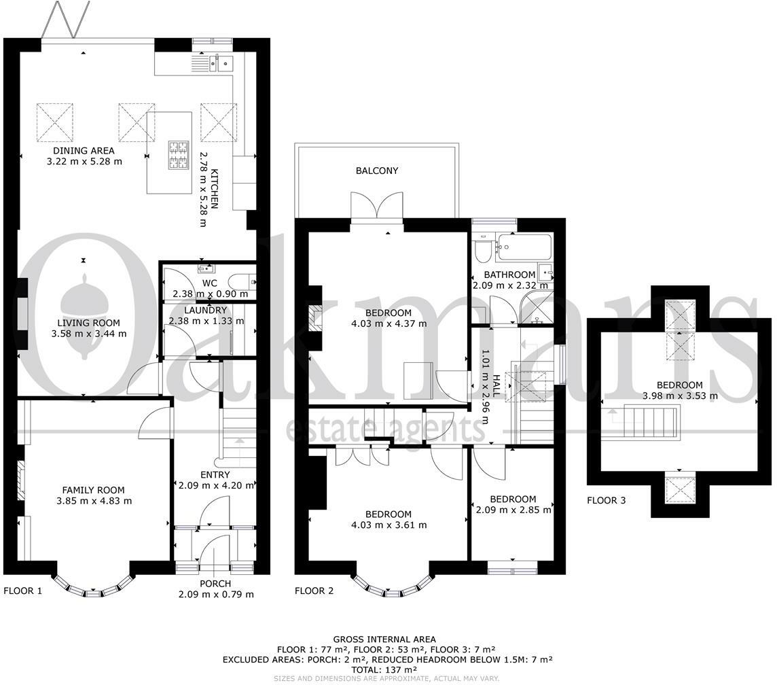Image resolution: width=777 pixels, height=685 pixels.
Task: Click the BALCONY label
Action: click(376, 171)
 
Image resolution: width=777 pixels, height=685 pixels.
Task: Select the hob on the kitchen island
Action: click(179, 155)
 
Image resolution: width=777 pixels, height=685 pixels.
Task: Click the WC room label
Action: click(210, 283)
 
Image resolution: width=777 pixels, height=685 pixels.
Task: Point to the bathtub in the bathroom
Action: click(524, 247)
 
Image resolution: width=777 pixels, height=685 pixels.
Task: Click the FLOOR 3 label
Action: click(606, 500)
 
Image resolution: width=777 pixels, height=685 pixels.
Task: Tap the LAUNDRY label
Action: click(205, 311)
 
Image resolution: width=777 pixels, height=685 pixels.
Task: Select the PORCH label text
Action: click(215, 583)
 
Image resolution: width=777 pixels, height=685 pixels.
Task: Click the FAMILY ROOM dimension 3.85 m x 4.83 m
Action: click(94, 501)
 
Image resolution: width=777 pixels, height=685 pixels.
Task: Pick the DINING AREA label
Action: click(84, 150)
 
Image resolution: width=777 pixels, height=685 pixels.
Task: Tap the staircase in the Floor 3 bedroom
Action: click(650, 421)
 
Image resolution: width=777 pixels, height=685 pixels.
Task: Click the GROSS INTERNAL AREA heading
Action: click(384, 639)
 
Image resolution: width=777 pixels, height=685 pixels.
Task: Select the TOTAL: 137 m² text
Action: click(384, 669)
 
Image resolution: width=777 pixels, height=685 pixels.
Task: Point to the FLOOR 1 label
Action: click(23, 591)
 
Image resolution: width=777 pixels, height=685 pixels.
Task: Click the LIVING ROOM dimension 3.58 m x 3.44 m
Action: click(89, 334)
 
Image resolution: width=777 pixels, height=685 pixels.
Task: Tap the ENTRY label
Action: click(215, 474)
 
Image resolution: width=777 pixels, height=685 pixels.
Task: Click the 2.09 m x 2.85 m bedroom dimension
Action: click(513, 510)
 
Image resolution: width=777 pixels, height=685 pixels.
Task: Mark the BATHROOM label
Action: click(509, 274)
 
